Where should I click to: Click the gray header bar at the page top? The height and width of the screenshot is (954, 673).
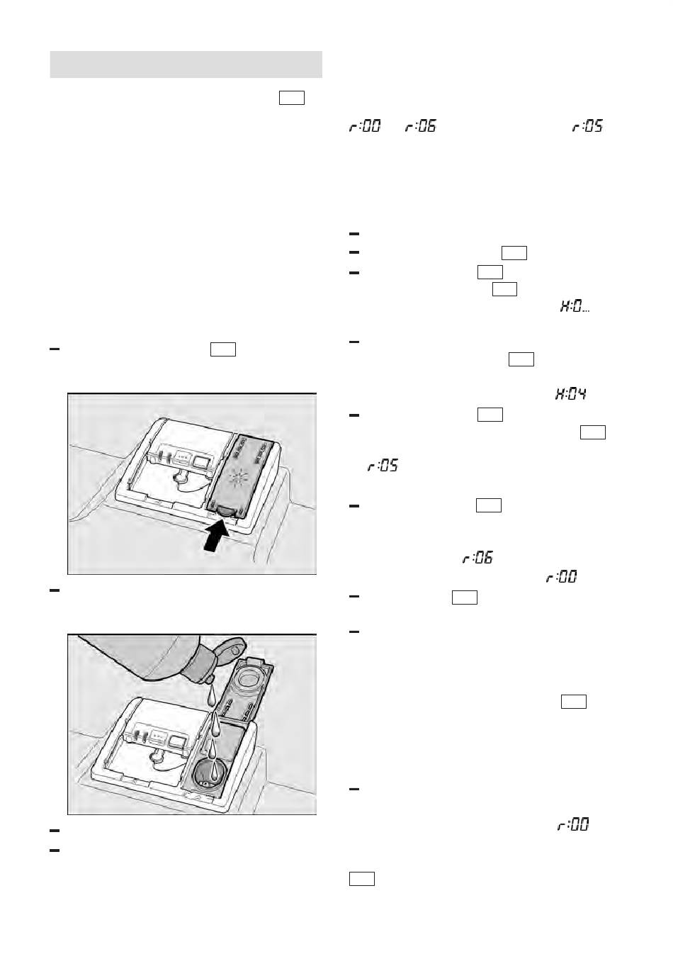tap(186, 64)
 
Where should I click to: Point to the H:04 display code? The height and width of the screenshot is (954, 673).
tap(570, 394)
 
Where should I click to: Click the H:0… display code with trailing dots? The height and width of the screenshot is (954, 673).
tap(575, 306)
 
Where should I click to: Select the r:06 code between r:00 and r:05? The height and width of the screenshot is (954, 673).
tap(421, 126)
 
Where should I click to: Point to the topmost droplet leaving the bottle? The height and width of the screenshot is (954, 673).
tap(212, 697)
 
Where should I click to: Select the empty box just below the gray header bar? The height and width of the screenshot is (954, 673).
tap(292, 98)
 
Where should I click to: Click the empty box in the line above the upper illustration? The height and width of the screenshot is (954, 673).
tap(223, 349)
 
